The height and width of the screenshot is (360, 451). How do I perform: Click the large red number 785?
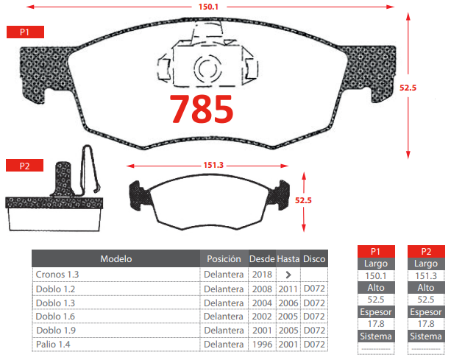pos(202,109)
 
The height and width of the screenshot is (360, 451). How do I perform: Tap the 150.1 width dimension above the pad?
pos(208,7)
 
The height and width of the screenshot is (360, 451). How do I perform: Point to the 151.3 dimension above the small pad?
pos(213,165)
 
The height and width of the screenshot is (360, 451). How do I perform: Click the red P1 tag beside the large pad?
pos(25,32)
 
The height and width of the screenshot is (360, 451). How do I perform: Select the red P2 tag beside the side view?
pos(25,166)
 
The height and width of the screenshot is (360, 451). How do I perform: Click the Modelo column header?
pos(116,258)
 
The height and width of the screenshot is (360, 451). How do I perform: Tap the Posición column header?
pos(224,258)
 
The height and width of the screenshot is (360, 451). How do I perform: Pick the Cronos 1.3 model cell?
pos(57,275)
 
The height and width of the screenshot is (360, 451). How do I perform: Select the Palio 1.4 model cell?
pos(53,345)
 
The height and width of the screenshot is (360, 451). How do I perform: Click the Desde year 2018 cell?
pos(262,275)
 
